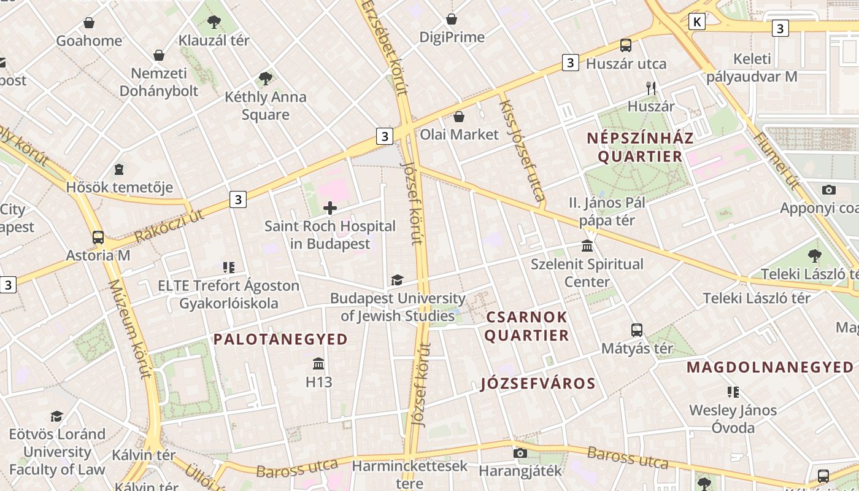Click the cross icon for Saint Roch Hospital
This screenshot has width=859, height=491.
click(330, 208)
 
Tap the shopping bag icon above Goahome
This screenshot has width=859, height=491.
click(89, 23)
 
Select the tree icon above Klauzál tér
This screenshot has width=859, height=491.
click(214, 22)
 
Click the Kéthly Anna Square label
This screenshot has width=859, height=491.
click(265, 106)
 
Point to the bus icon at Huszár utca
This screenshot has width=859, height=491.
click(626, 45)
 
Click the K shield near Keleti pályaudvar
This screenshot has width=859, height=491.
click(696, 21)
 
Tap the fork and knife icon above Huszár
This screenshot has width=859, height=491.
click(651, 88)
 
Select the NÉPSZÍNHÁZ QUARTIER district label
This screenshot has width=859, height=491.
click(640, 147)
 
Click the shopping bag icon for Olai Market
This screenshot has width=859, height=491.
click(459, 117)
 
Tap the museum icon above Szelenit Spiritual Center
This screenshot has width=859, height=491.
click(587, 246)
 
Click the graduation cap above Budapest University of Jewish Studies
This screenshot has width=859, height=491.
click(397, 280)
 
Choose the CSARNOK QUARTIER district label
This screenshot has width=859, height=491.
click(527, 326)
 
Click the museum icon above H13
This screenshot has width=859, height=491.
click(318, 364)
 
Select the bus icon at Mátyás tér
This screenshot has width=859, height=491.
click(637, 330)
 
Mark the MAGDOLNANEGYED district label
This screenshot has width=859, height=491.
click(769, 367)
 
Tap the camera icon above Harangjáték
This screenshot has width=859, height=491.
click(520, 453)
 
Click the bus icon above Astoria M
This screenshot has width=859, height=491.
click(98, 237)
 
